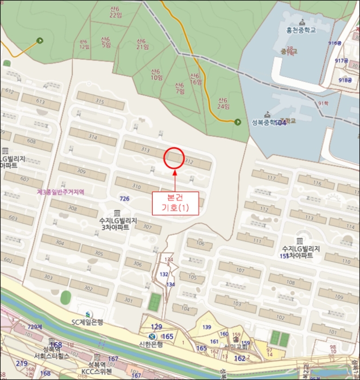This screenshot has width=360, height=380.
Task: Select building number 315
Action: click(x=99, y=102)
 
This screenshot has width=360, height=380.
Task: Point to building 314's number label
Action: click(x=92, y=137)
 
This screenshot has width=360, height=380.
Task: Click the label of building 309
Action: click(x=81, y=172)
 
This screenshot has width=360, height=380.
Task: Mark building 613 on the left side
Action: click(x=41, y=101)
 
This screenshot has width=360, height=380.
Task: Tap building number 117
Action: click(x=271, y=178)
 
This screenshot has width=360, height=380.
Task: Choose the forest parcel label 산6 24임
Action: click(x=223, y=103)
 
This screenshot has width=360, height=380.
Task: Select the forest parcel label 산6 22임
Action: click(x=116, y=11)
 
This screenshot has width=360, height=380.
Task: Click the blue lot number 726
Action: click(x=124, y=199)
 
